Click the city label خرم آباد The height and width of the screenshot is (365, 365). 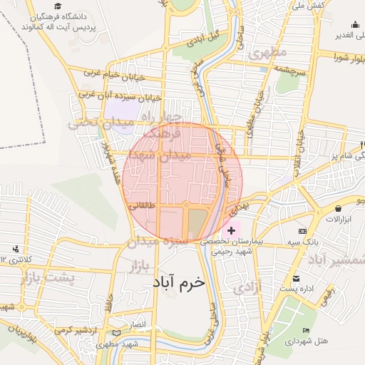coord(178,282)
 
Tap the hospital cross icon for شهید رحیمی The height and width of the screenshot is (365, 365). coord(231,231)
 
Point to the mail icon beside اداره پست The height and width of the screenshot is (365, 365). coord(296,278)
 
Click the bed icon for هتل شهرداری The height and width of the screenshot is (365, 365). coord(306,331)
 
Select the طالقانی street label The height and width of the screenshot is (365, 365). coord(140,207)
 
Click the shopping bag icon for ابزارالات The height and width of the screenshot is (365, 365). coord(337,207)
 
